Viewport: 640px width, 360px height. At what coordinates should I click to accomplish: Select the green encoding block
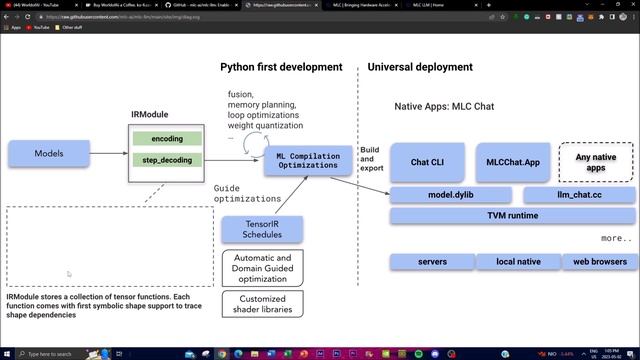pos(167,138)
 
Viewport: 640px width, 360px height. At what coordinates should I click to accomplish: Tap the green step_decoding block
pos(167,160)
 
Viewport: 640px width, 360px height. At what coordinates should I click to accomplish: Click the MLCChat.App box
pos(513,161)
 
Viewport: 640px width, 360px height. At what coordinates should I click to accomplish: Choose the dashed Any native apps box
pos(596,161)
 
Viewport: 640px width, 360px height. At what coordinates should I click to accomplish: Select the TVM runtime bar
pos(511,216)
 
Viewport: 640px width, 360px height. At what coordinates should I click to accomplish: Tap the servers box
pos(431,262)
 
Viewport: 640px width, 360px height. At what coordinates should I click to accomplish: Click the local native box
pos(517,262)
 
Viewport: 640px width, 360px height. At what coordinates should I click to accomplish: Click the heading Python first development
pos(281,67)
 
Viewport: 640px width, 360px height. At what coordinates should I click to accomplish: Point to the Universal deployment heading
pos(420,67)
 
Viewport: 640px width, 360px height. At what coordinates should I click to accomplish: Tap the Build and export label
pos(371,158)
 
